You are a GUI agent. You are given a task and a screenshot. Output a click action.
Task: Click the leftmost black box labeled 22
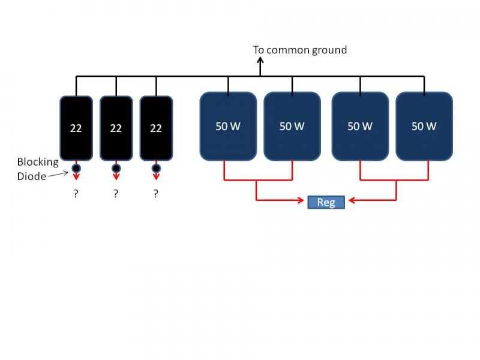(76, 128)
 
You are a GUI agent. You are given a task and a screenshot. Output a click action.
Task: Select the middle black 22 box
(116, 128)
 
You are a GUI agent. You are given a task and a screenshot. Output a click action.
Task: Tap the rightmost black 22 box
(156, 128)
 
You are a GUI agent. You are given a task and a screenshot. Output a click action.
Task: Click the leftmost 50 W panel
(228, 126)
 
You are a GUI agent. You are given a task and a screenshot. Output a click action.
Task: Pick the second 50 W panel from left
(292, 126)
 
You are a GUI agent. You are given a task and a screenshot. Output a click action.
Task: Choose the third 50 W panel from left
(360, 126)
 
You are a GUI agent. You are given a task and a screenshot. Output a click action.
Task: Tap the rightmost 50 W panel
(424, 126)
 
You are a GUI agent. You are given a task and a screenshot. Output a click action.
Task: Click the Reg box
(326, 202)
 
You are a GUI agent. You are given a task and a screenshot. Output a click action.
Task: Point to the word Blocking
(38, 162)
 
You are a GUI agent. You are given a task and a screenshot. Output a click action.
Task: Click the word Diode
(32, 176)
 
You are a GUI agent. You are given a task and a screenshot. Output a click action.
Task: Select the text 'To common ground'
(299, 50)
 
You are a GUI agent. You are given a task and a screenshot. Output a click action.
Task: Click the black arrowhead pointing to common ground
(260, 61)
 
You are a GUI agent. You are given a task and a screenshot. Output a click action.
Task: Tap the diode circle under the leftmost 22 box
(76, 168)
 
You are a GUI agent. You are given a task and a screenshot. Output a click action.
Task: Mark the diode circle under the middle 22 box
(116, 168)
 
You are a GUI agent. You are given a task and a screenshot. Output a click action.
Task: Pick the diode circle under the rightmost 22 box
(156, 168)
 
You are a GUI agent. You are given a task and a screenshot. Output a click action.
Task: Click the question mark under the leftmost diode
(76, 193)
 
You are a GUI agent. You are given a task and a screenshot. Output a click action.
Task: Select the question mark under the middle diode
(116, 193)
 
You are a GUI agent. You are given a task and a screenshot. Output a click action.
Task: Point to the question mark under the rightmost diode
(156, 193)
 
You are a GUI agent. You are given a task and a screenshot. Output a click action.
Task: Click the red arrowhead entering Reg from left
(301, 200)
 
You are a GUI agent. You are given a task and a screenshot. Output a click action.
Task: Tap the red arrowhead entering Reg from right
(352, 200)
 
